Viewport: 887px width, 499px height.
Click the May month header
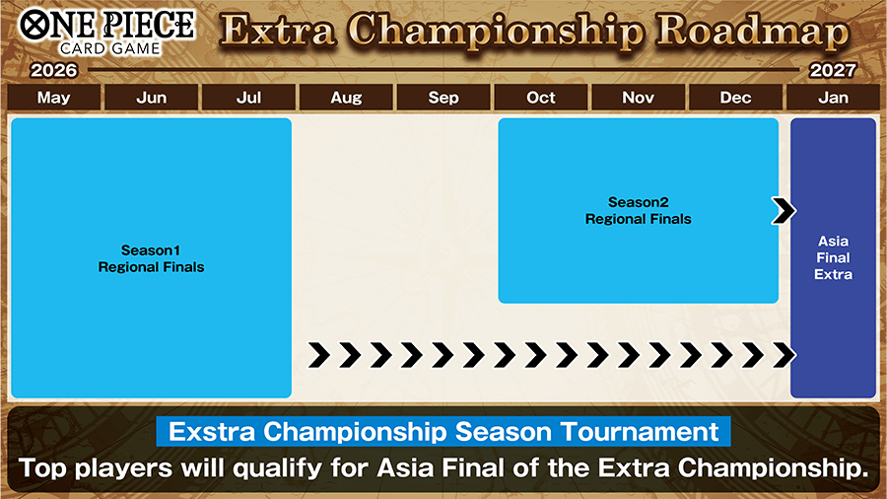point(53,98)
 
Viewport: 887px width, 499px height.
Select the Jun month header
point(151,98)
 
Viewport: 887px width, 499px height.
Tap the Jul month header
point(248,98)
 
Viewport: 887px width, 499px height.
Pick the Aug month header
point(346,98)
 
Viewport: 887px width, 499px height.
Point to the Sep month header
point(443,98)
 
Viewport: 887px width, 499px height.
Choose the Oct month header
point(541,98)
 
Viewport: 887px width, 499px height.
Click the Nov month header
point(639,98)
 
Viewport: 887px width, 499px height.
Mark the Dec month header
point(736,98)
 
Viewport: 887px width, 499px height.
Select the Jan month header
point(833,98)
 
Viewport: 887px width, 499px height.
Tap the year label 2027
point(833,71)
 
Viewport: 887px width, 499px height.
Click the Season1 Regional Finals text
point(151,258)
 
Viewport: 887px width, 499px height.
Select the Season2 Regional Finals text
point(638,210)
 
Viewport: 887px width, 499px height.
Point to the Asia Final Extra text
point(833,257)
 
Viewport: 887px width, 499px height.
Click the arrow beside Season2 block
point(784,210)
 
